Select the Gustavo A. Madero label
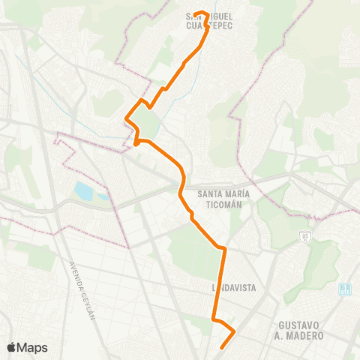point(300,330)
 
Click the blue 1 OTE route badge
point(344,289)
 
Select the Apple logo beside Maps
point(12,347)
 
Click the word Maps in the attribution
point(32,347)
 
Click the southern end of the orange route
point(222,347)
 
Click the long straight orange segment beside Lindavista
point(220,285)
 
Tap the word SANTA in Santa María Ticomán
point(210,193)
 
